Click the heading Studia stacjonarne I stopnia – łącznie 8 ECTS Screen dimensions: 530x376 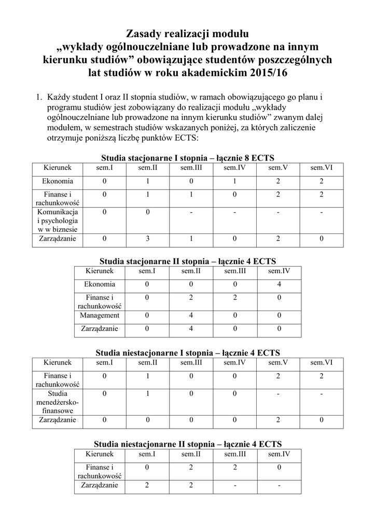tap(187, 157)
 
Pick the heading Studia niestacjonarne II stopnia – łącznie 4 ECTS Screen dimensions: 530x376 tap(187, 444)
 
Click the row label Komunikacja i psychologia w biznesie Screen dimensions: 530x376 tap(58, 220)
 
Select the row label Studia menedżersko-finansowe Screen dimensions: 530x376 tap(58, 402)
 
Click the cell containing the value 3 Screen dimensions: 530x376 tap(148, 239)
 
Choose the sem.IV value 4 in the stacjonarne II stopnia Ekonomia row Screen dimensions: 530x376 tap(279, 284)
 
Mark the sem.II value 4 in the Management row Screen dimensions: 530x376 tap(191, 315)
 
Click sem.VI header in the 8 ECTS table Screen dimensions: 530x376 tap(322, 168)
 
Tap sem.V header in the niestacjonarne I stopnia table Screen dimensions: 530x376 tap(278, 362)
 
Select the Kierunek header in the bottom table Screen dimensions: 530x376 tap(100, 454)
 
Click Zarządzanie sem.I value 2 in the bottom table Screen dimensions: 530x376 tap(147, 485)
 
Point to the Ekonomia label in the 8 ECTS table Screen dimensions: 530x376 tap(58, 181)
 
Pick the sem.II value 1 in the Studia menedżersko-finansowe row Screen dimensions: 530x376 tap(148, 394)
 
